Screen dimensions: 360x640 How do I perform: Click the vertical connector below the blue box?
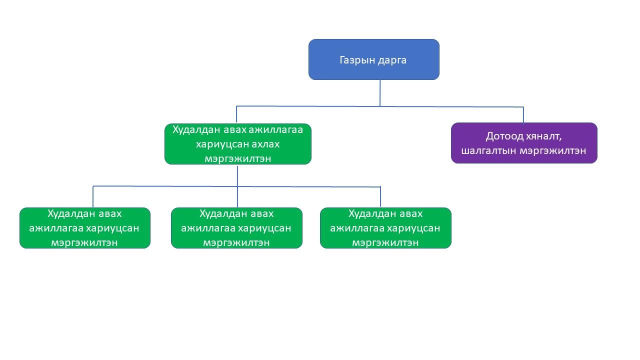(380, 93)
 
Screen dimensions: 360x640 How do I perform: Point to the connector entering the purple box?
(523, 115)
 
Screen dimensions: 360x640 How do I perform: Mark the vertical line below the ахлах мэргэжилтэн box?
(237, 175)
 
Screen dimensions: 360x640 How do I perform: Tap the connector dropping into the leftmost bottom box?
(93, 197)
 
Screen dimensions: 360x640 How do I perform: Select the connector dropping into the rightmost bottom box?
(380, 197)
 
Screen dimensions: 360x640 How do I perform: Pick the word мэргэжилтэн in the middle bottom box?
(236, 243)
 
